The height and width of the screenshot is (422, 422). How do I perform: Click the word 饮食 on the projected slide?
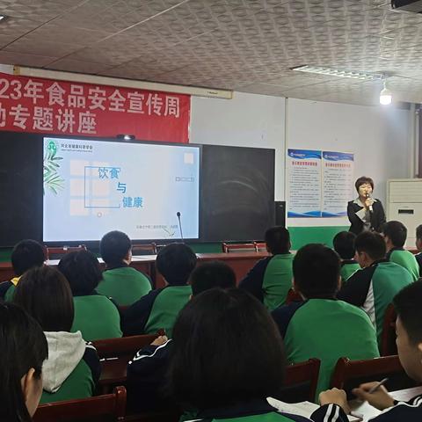point(107,173)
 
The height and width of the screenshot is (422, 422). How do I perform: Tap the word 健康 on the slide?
point(133,201)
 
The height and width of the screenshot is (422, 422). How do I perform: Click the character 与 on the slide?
point(121,187)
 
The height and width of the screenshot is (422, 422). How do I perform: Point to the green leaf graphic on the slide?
point(53,171)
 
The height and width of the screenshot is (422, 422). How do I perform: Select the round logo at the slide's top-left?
point(52,146)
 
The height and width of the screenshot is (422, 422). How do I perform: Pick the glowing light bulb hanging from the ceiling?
point(385,96)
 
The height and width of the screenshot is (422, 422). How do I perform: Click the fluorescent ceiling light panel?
point(338,73)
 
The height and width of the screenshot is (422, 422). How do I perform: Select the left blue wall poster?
point(304,182)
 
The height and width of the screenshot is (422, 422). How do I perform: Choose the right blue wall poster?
point(338,182)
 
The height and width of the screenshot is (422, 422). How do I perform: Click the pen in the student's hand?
point(376,386)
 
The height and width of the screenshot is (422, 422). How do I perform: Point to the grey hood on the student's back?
point(67,359)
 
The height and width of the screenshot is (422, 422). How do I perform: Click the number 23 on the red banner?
point(8,90)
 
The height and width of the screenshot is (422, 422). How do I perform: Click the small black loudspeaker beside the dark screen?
point(280,213)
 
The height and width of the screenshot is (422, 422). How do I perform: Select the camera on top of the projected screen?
point(126,137)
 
